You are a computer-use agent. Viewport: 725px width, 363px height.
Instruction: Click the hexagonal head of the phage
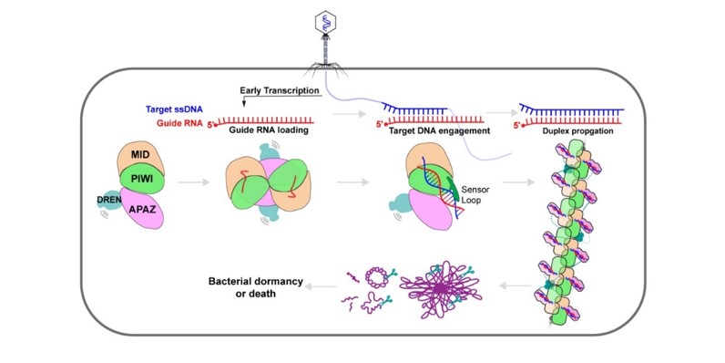(325, 22)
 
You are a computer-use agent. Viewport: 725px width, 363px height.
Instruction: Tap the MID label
(139, 154)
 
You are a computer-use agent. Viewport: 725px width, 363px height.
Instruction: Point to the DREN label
(109, 200)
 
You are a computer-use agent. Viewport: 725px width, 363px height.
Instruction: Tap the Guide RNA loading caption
(269, 130)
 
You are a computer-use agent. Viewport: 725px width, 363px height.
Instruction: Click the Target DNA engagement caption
(439, 130)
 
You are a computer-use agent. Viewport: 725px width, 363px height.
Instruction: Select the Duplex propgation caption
(578, 131)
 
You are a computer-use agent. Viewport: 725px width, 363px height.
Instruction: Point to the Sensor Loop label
(475, 196)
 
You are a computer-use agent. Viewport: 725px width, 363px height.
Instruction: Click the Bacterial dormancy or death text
(256, 287)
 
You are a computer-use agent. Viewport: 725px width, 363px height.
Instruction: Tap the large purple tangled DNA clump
(441, 289)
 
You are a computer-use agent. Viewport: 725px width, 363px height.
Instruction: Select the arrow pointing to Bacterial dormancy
(321, 287)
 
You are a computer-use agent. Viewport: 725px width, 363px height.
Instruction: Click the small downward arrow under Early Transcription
(244, 101)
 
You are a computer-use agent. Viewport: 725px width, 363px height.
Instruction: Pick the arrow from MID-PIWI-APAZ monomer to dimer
(193, 182)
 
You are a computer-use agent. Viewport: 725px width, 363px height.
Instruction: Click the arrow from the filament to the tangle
(516, 286)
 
